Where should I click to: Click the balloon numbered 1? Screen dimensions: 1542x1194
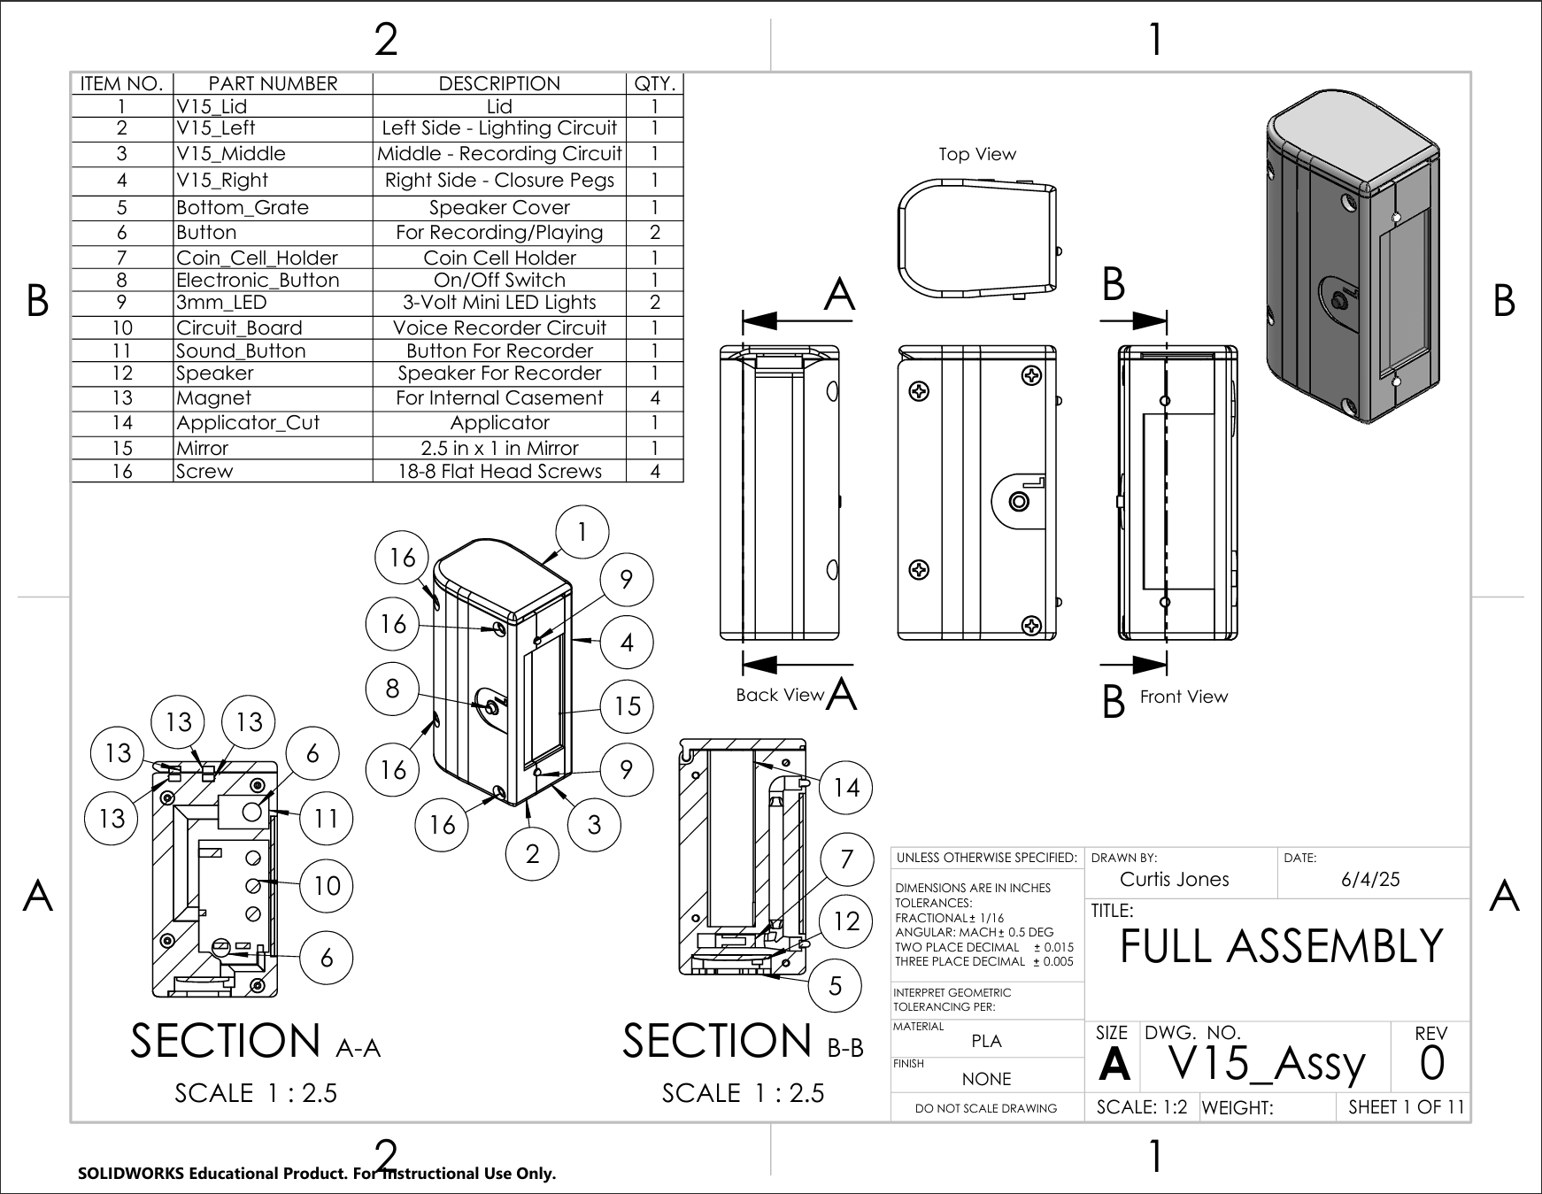coord(582,532)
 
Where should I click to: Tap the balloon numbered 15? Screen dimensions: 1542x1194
coord(627,706)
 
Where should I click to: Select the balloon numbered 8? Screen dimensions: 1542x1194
coord(392,689)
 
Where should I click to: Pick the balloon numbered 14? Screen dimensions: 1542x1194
coord(846,788)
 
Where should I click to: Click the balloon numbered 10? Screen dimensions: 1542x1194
coord(327,885)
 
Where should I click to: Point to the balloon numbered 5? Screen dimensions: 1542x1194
coord(835,985)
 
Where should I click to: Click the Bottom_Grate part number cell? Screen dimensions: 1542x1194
coord(273,208)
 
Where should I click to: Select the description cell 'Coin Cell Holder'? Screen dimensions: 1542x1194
coord(499,258)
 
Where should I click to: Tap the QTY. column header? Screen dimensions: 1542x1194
coord(655,84)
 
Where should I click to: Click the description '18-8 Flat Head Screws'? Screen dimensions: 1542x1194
coord(499,471)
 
